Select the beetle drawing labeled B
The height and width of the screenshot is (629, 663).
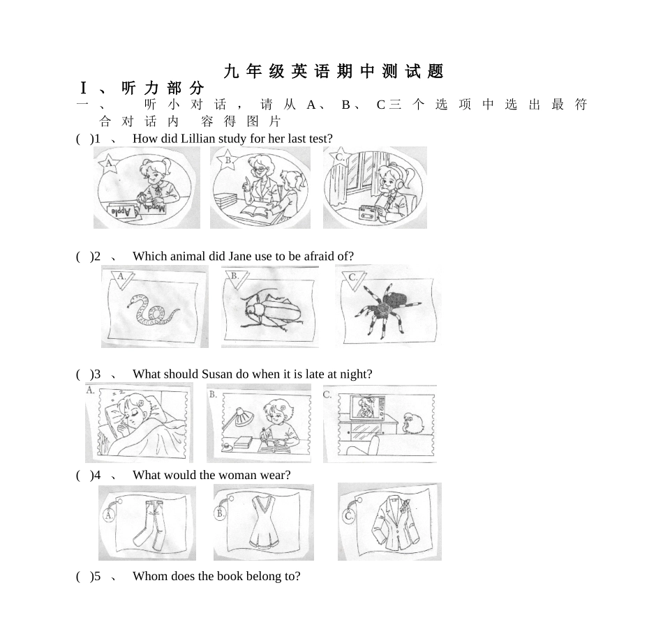click(270, 310)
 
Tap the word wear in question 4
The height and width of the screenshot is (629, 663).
click(278, 475)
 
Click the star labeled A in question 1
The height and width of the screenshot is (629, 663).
click(107, 165)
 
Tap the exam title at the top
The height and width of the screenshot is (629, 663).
click(334, 71)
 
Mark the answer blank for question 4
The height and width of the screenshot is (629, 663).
click(84, 475)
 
